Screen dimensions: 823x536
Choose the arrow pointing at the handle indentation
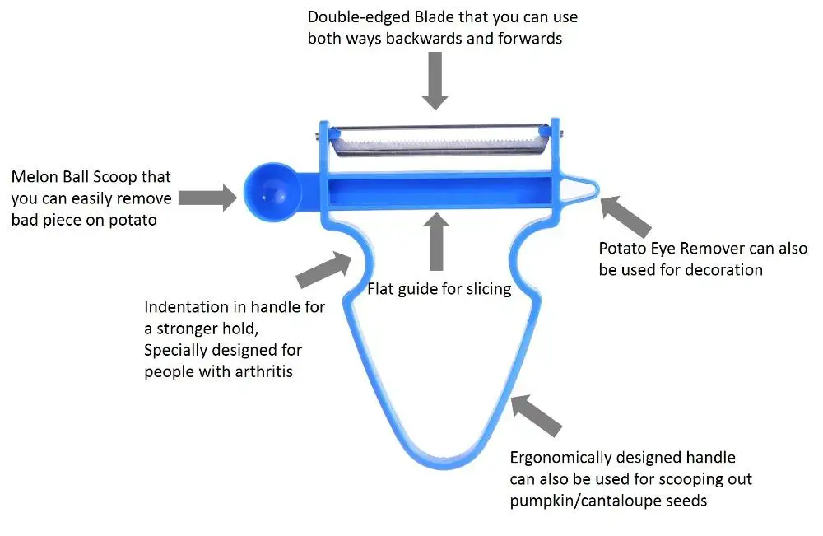coord(323,268)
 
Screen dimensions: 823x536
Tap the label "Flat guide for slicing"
coord(439,289)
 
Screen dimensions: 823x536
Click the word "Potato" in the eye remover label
coord(623,248)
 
